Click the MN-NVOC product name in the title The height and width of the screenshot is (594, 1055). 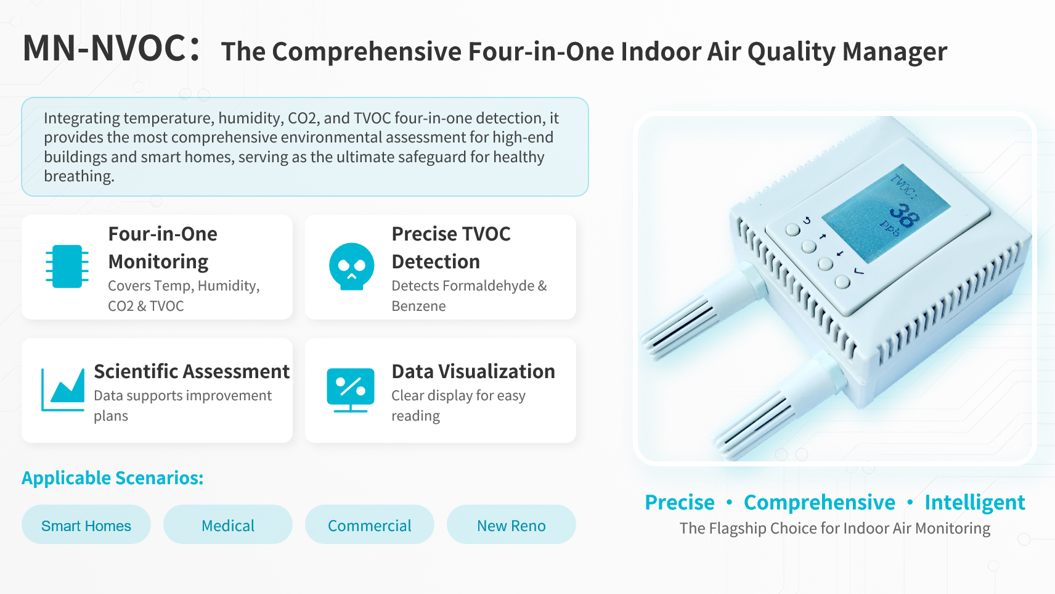coord(104,48)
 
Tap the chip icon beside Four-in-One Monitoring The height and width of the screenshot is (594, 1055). coord(67,266)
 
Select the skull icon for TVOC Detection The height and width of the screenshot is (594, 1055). coord(351,266)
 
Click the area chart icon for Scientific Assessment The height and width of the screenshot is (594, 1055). coord(63,389)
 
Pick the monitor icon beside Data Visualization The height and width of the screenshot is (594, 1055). coord(351,390)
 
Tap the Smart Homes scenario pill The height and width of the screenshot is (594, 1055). coord(86,525)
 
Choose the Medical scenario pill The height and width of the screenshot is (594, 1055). coord(228,525)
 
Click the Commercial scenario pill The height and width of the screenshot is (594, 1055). coord(370,525)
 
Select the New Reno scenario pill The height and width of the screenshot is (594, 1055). coord(511,525)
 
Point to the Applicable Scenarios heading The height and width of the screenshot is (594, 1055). coord(113,478)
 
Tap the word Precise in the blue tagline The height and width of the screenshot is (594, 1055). coord(680,502)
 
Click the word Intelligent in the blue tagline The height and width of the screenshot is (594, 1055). coord(975,503)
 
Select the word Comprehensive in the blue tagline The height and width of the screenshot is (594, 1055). coord(820,503)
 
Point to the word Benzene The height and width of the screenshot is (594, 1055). coord(418,306)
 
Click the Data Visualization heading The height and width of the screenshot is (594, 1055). coord(473,371)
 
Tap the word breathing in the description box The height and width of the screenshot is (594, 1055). coord(79,176)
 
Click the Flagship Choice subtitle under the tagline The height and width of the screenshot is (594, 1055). coord(834,529)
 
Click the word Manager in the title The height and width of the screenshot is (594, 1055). coord(894,51)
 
